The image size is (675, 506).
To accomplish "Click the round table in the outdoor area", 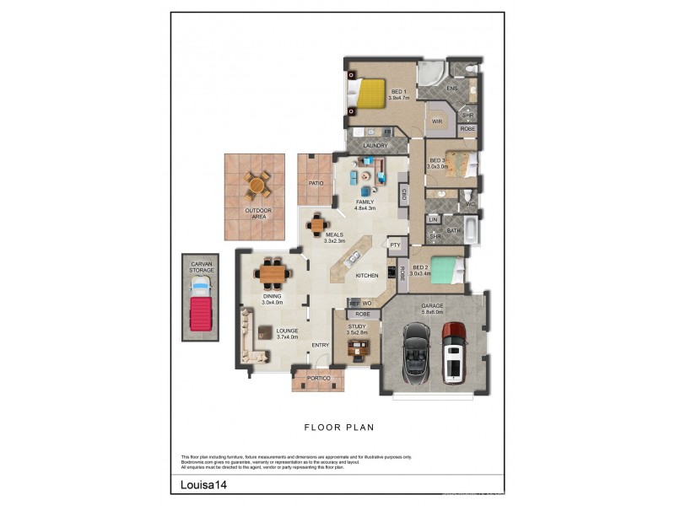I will [x=258, y=184].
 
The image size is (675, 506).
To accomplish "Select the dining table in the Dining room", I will [x=273, y=274].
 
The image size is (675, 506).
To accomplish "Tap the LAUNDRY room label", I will [x=375, y=146].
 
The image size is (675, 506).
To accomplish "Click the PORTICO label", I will [x=317, y=379].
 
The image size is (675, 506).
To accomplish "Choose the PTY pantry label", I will [x=394, y=245].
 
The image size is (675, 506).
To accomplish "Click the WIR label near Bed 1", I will [x=437, y=121].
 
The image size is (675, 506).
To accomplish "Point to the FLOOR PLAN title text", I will [x=338, y=428].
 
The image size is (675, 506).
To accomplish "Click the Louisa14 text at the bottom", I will [x=202, y=485].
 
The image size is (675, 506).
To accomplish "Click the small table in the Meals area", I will [x=316, y=224].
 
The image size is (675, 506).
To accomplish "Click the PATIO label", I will [x=316, y=182].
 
